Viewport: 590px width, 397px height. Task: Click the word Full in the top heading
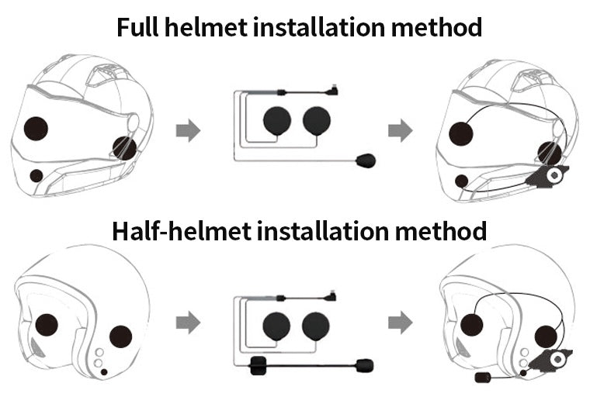(x=138, y=27)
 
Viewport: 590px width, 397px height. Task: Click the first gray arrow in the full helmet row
(x=188, y=131)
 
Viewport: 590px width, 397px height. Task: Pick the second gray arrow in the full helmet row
(x=400, y=131)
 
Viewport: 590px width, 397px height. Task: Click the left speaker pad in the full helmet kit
(x=276, y=121)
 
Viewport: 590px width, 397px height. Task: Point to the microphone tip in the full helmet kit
(x=365, y=161)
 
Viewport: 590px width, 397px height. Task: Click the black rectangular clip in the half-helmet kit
(x=258, y=366)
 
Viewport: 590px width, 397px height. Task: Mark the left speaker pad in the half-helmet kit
(x=276, y=325)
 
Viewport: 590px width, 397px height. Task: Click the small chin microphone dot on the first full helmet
(x=36, y=176)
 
